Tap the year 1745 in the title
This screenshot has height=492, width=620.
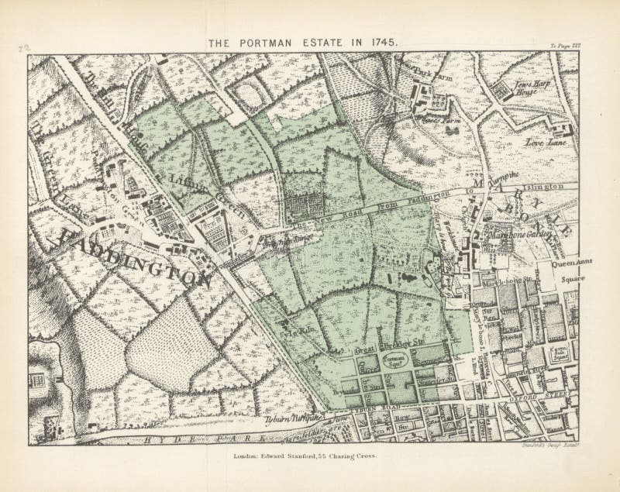(382, 43)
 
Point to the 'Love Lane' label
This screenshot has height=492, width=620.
(546, 143)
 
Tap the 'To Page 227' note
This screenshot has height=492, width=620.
(567, 47)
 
